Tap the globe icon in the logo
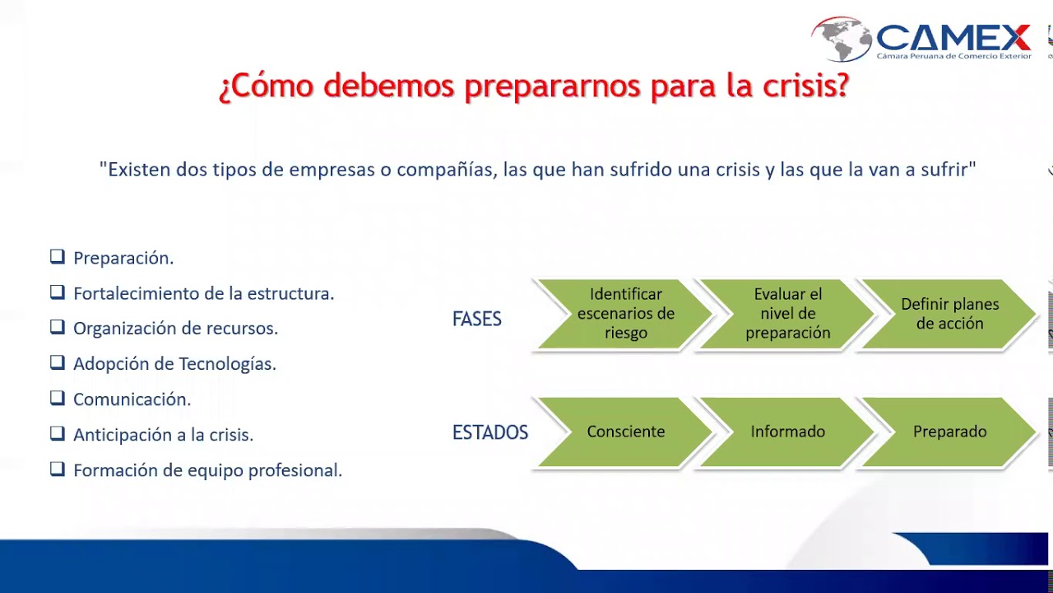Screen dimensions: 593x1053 [841, 39]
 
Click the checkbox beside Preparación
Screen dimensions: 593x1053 [57, 257]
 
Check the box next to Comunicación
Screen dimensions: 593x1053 [57, 399]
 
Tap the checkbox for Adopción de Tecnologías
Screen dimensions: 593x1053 [57, 362]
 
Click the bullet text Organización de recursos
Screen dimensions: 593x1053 [175, 329]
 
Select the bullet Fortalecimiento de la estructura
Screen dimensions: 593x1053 [203, 293]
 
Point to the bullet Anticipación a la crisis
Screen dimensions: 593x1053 [163, 435]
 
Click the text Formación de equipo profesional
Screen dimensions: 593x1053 [207, 470]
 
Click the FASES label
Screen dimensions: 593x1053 [476, 320]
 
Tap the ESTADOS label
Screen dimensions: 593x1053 [489, 432]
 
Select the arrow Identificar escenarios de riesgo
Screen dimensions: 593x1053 [625, 314]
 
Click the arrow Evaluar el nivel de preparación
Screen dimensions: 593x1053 [787, 314]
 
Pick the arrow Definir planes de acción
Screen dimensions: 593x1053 [949, 314]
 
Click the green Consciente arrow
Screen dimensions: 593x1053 [625, 432]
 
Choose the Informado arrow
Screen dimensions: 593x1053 [787, 432]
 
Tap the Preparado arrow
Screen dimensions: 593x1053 [949, 432]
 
